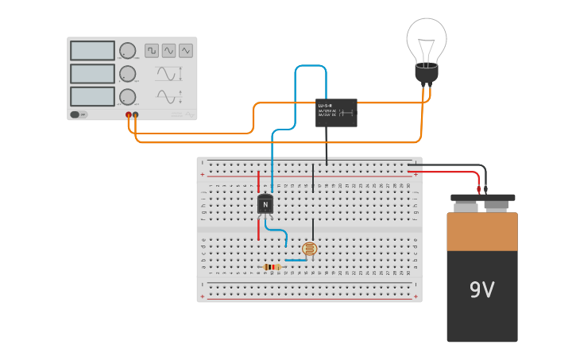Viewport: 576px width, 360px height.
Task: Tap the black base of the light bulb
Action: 427,74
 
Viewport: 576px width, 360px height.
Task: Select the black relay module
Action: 336,113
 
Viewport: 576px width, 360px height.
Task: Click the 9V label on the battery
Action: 481,290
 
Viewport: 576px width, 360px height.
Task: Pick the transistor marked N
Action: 265,204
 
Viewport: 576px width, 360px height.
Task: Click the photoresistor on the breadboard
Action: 310,249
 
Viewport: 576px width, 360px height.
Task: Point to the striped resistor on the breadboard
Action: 272,267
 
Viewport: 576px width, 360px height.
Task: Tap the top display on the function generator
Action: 92,51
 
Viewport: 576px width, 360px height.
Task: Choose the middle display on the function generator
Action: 92,74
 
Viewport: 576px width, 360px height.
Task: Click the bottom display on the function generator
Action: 92,96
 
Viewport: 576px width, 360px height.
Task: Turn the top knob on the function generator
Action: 127,51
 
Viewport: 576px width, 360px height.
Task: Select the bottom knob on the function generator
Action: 127,96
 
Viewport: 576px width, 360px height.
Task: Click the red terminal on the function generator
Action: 128,115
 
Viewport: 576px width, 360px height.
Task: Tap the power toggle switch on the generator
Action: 75,114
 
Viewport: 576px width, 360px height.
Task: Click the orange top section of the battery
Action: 481,231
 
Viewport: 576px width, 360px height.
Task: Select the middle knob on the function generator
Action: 127,74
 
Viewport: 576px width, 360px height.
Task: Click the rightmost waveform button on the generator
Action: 186,51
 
